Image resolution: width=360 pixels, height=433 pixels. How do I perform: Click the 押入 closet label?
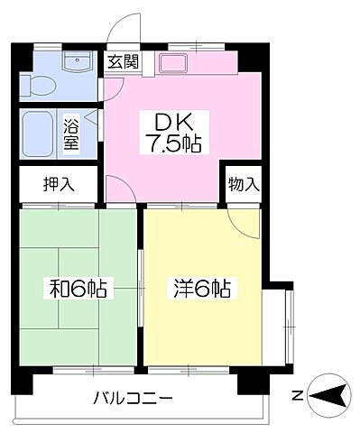point(59,186)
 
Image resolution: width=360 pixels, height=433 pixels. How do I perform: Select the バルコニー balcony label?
point(133,398)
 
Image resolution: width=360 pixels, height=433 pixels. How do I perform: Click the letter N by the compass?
point(297,394)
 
